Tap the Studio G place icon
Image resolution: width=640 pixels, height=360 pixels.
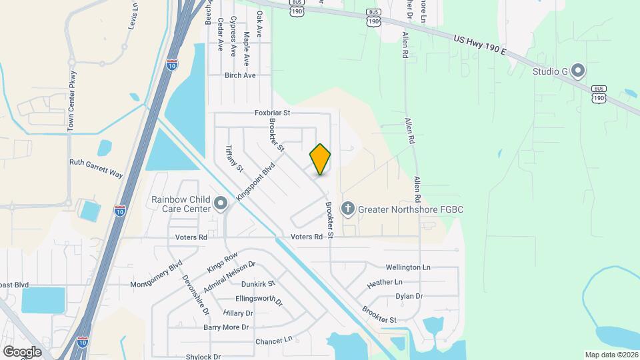pyautogui.click(x=578, y=70)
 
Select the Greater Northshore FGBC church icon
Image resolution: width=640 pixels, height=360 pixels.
pyautogui.click(x=347, y=209)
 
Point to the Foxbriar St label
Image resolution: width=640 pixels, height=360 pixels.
pyautogui.click(x=273, y=113)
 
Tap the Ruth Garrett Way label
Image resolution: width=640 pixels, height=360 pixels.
pyautogui.click(x=96, y=167)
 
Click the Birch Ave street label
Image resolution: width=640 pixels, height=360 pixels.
pyautogui.click(x=240, y=76)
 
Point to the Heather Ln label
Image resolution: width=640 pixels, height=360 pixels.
pyautogui.click(x=385, y=283)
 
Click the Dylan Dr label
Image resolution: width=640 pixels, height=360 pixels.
pyautogui.click(x=409, y=296)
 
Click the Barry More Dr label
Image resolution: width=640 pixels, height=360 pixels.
pyautogui.click(x=226, y=327)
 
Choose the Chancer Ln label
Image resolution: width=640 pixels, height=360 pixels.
pyautogui.click(x=274, y=341)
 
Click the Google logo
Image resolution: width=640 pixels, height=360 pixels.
pyautogui.click(x=22, y=351)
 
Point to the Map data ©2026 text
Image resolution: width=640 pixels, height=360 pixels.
pyautogui.click(x=611, y=355)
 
